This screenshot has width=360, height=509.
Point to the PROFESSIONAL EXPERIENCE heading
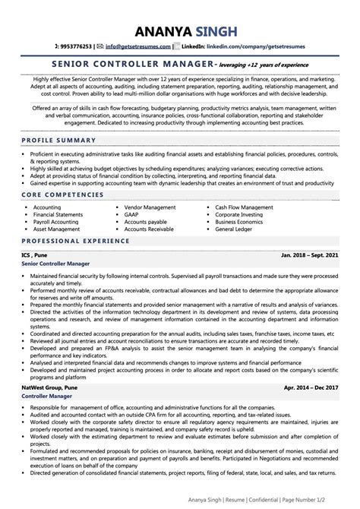click(x=74, y=240)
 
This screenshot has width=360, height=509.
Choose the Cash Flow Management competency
click(x=244, y=207)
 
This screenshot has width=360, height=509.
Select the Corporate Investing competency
click(x=240, y=216)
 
